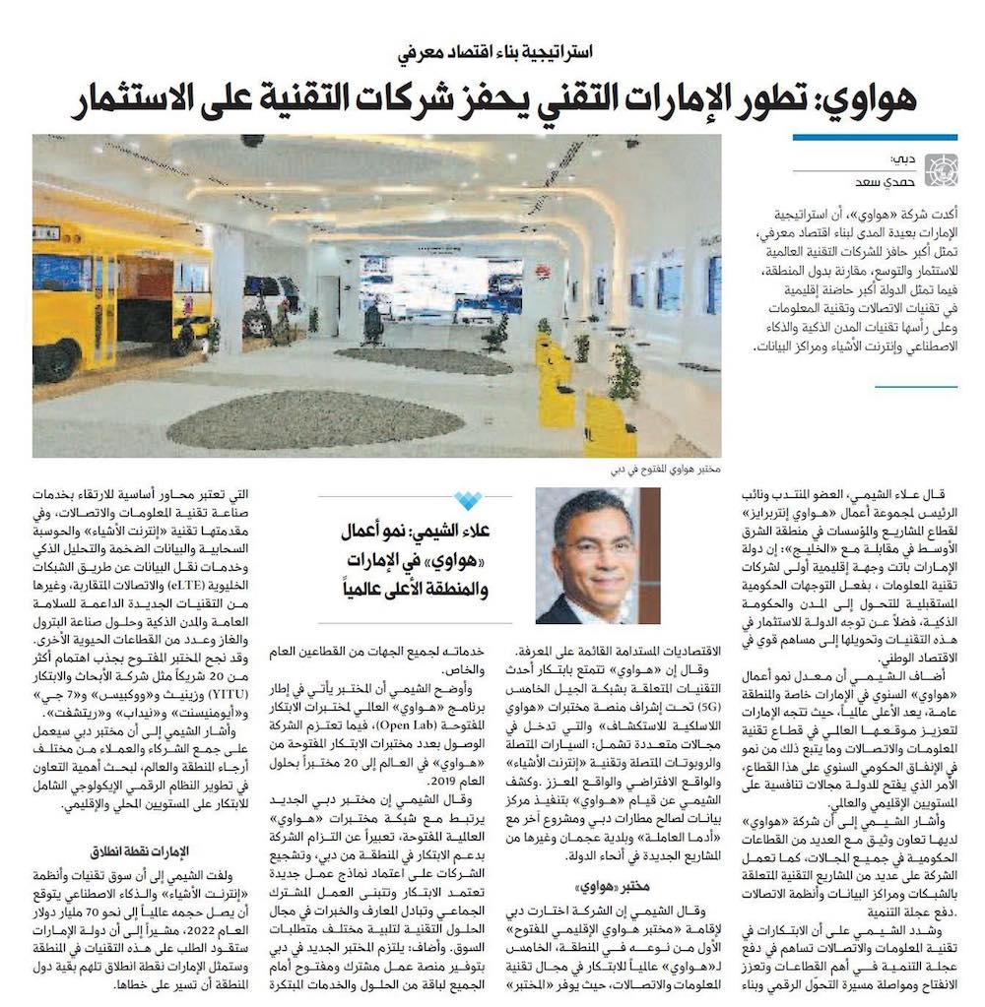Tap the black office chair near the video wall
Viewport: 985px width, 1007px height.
pyautogui.click(x=371, y=325)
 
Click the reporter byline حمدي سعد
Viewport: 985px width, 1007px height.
pyautogui.click(x=887, y=178)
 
